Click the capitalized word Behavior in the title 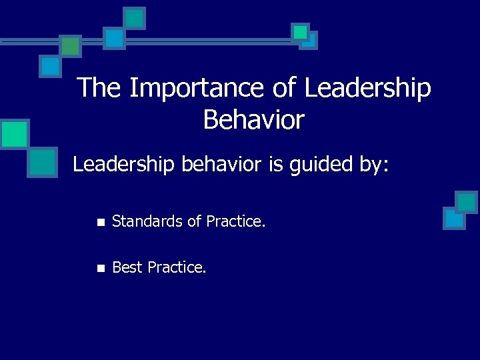point(254,120)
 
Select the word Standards point(148,221)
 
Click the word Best point(127,267)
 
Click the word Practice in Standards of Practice point(237,221)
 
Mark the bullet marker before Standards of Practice point(100,221)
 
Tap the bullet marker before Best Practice point(100,268)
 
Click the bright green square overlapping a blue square point(301,32)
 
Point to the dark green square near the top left point(71,45)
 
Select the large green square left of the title point(14,133)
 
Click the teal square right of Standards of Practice point(466,202)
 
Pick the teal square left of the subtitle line point(43,162)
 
